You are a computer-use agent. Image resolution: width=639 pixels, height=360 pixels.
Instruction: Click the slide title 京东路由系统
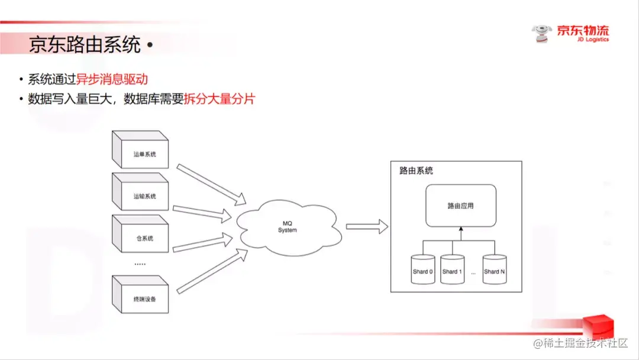click(85, 45)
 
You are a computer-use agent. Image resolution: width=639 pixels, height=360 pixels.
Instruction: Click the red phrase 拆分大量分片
click(220, 99)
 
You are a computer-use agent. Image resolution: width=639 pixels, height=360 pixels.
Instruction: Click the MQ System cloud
click(288, 226)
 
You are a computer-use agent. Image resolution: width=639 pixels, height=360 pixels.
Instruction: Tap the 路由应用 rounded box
click(461, 206)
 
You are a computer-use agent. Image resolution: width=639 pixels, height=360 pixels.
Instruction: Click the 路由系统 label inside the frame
click(416, 171)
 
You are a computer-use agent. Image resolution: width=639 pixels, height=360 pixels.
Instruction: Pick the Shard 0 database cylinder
click(423, 270)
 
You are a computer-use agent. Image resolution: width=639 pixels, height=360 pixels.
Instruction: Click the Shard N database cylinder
click(495, 270)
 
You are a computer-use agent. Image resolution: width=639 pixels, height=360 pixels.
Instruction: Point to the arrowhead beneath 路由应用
click(461, 230)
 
